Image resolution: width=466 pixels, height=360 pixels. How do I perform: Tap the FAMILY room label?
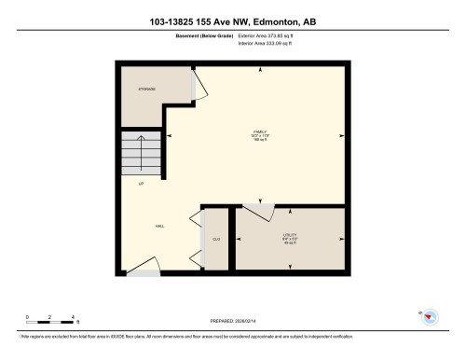[260, 132]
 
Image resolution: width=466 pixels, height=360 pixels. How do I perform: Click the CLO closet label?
[216, 240]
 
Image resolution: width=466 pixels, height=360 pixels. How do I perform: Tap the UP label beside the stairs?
[140, 184]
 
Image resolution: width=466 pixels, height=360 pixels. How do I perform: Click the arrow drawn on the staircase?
[141, 149]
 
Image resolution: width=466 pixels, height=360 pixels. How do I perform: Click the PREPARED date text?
[232, 317]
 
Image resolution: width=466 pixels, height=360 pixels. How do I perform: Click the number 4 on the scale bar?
[75, 317]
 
